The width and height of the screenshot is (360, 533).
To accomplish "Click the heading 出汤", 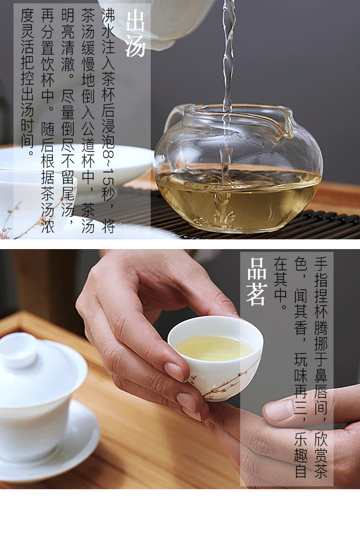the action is tap(136, 34).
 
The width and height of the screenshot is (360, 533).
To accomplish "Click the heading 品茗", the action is tap(256, 282).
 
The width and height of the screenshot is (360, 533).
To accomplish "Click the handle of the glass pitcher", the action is tap(173, 118).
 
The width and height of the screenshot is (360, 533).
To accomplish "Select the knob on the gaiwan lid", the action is tap(18, 350).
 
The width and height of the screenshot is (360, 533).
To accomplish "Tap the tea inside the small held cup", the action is tap(214, 348).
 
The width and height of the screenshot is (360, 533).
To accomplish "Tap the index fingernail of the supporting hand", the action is tap(277, 410).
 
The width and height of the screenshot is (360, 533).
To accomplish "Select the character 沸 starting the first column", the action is tap(109, 15).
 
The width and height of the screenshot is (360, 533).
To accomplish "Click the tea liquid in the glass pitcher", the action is tap(238, 197).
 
